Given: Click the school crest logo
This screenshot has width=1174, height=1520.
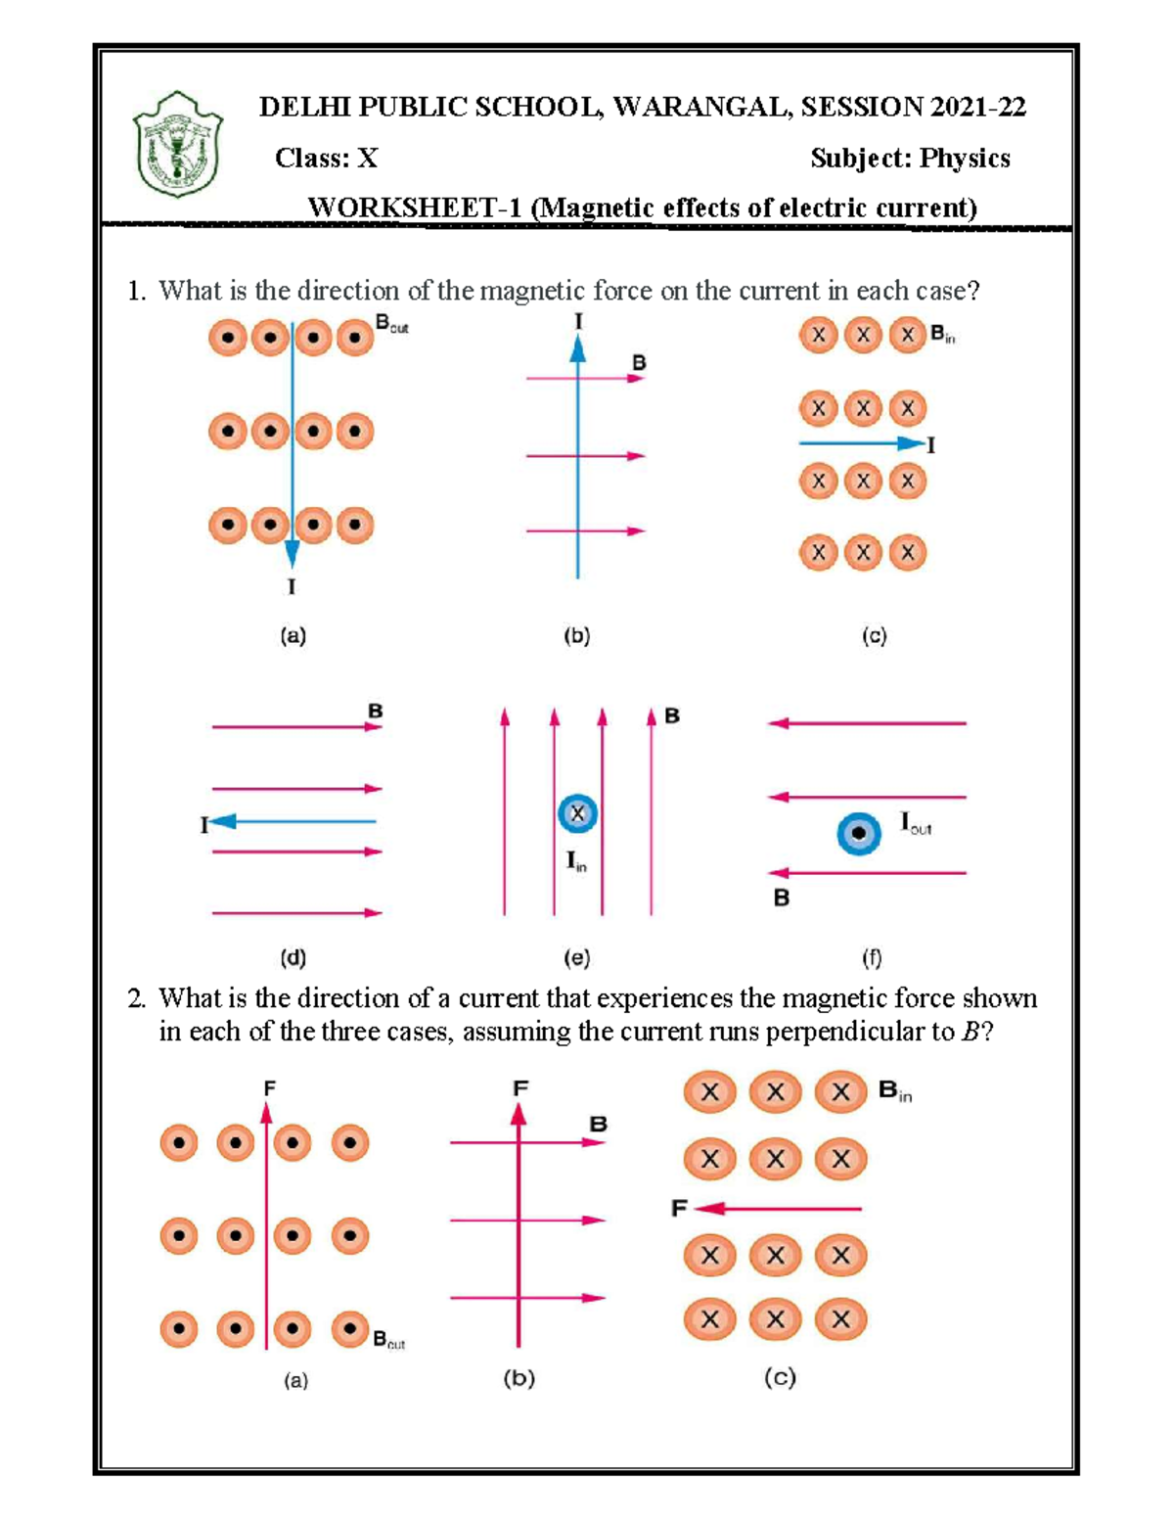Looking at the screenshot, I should [178, 145].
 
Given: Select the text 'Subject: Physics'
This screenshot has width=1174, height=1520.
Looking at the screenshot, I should [910, 159].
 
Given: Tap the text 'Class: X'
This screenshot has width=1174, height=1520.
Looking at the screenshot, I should [326, 159].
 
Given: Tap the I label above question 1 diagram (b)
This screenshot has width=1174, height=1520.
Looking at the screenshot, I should [578, 321].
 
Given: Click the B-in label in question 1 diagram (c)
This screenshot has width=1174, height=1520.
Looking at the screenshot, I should [942, 335].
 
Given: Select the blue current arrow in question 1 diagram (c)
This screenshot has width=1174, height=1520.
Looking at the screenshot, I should [861, 444].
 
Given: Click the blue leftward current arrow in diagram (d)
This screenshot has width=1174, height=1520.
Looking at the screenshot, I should [293, 821].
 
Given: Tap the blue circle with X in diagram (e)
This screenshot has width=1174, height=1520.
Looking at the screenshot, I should [577, 813].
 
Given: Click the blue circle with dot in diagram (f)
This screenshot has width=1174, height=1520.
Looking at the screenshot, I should [858, 834].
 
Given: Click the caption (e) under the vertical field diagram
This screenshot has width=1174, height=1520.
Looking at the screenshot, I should [576, 957].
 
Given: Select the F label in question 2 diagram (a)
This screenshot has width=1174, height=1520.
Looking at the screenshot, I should [269, 1087].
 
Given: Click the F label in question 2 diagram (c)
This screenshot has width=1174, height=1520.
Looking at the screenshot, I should [679, 1209].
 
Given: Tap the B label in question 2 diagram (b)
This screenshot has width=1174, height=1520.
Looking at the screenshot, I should [598, 1124].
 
